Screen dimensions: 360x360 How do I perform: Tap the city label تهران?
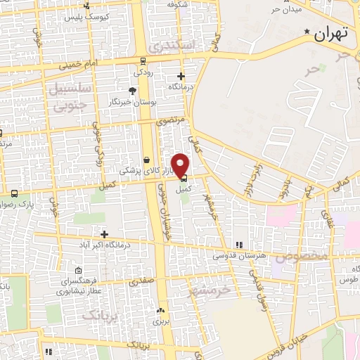click(x=331, y=34)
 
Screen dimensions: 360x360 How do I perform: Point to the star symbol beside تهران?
click(x=307, y=32)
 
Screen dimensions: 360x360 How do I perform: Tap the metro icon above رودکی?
click(x=143, y=60)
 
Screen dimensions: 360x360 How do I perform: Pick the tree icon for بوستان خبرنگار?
click(x=132, y=90)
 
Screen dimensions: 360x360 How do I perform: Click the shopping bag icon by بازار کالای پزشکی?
click(x=146, y=160)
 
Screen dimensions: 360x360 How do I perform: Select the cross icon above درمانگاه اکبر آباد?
click(x=105, y=234)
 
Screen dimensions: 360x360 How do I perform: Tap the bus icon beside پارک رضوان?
click(x=13, y=193)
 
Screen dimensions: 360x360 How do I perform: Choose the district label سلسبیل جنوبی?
click(x=67, y=96)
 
